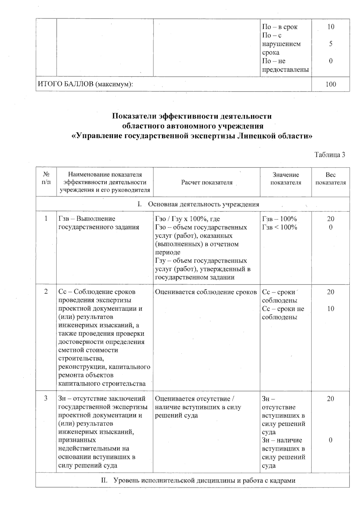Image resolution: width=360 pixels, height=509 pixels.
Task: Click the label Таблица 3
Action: [x=329, y=155]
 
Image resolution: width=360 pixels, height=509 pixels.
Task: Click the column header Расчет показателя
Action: [x=207, y=182]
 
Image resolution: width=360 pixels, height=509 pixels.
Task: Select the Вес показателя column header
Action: [x=330, y=179]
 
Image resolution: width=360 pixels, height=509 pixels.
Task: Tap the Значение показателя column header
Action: [x=286, y=179]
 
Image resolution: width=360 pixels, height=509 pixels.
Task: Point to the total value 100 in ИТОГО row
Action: [x=331, y=84]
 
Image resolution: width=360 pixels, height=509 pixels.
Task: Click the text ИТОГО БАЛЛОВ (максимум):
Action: [x=85, y=84]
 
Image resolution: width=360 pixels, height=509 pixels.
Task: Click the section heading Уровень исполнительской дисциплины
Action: [x=198, y=480]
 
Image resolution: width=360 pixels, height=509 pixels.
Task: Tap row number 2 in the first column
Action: [x=46, y=292]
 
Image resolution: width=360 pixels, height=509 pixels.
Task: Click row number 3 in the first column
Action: [x=46, y=399]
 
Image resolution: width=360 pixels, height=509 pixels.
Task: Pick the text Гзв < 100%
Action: [x=279, y=227]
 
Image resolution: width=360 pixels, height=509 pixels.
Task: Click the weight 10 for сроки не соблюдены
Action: [x=330, y=309]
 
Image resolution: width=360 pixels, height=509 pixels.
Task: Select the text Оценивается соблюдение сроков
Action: [x=206, y=292]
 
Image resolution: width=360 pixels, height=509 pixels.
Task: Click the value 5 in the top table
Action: [x=331, y=44]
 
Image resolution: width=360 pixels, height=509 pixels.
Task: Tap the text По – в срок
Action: [x=280, y=27]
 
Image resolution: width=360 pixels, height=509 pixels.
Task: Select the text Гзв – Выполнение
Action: [x=87, y=219]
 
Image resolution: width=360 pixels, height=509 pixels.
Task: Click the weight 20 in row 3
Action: [x=330, y=399]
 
